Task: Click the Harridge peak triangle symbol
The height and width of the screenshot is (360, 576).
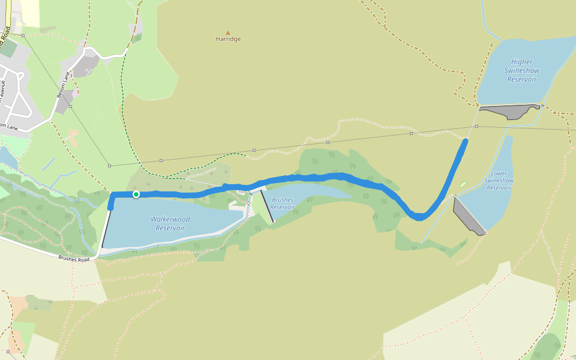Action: [x=227, y=32]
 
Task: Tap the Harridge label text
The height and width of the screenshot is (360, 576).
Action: [x=228, y=39]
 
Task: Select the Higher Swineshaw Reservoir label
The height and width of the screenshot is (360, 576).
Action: [x=521, y=70]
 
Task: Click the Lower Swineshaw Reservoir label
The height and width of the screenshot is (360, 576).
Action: [x=499, y=181]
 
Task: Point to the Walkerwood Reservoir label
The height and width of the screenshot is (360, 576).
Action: [x=170, y=224]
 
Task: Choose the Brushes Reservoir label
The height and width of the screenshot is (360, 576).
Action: [x=282, y=203]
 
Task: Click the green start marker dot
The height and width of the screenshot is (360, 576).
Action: [x=136, y=194]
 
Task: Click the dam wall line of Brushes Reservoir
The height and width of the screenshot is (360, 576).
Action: [x=267, y=206]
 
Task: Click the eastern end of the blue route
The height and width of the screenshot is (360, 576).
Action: [x=466, y=141]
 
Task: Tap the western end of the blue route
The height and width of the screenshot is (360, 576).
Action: [x=110, y=208]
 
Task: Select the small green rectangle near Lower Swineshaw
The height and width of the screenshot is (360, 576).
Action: [x=463, y=184]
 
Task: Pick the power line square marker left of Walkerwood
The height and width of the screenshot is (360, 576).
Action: [x=109, y=166]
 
